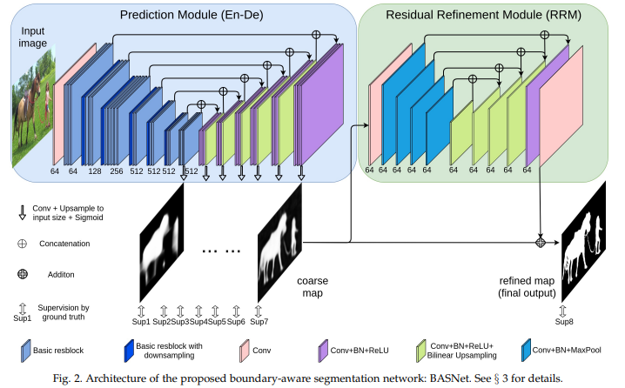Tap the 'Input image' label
[x=30, y=39]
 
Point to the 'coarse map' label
[x=312, y=287]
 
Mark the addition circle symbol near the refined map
[x=541, y=242]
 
